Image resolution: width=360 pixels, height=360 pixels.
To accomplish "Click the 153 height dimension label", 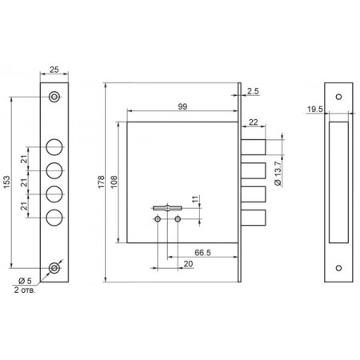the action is [7, 182].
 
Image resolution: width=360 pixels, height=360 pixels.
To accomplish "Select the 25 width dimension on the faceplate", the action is [54, 70].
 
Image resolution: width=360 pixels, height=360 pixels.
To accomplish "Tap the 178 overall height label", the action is [102, 182].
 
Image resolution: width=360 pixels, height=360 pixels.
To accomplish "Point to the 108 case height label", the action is [114, 182].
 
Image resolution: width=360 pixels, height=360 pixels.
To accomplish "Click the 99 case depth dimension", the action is [182, 106].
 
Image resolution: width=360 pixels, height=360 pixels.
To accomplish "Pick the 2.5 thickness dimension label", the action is [253, 91].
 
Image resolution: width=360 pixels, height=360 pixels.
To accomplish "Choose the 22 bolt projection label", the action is [253, 122].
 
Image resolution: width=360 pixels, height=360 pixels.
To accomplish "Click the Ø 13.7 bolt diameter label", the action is [278, 174].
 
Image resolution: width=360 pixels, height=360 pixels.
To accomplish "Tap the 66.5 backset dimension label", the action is [202, 252].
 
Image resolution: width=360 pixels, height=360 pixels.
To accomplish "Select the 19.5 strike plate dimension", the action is [315, 109].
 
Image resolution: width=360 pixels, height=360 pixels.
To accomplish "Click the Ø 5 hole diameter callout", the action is [25, 281].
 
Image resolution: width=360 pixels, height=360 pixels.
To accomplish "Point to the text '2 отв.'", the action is [25, 290].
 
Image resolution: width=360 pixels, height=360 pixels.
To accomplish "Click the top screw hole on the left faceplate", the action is [54, 97].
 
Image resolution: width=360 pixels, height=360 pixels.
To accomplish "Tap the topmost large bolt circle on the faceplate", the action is [54, 147].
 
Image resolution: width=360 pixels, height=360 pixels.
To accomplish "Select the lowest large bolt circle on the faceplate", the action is [54, 218].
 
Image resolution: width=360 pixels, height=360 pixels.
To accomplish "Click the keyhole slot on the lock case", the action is [167, 208].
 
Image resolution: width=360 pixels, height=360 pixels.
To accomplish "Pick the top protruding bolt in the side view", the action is [254, 147].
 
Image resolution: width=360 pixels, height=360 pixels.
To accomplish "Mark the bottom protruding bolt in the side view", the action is [254, 218].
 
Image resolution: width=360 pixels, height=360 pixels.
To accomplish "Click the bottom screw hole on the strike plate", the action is [338, 268].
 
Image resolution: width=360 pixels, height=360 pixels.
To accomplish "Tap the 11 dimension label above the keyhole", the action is [195, 199].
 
